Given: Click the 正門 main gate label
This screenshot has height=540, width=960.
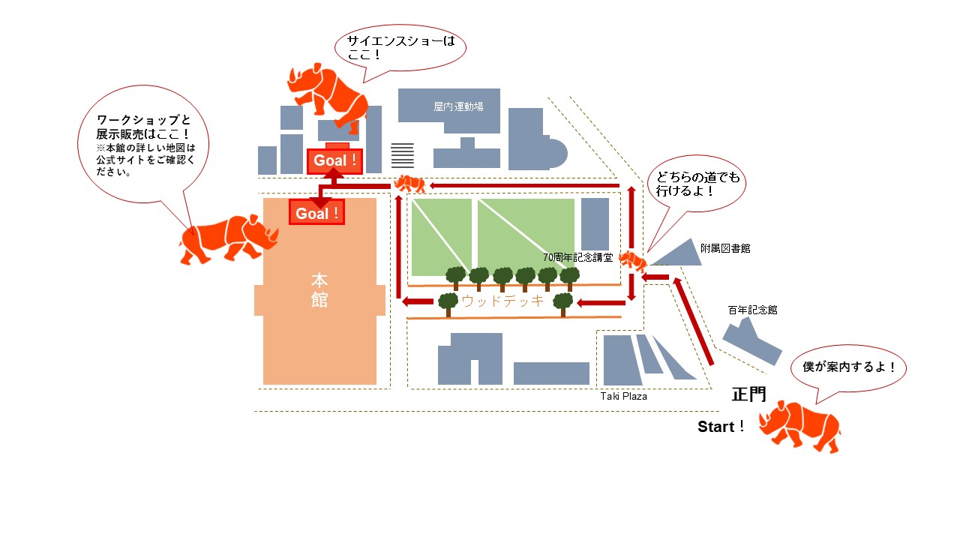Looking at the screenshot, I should [748, 394].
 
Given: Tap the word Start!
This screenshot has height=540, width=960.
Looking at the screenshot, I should [721, 427].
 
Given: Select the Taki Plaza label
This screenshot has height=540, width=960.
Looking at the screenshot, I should [623, 396].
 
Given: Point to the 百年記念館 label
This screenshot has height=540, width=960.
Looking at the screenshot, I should [751, 309].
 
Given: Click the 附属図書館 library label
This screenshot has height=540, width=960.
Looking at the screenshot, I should [725, 248].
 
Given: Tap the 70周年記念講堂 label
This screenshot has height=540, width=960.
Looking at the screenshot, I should [578, 257].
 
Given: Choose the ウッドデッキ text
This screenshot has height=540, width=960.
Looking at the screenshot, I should [502, 301].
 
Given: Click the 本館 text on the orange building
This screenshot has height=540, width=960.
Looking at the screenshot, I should [320, 290].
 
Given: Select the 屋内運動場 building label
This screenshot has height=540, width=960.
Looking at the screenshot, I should [458, 106].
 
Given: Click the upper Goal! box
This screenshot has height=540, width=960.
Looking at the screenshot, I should [334, 160].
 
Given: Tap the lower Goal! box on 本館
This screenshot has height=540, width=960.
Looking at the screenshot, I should [316, 213].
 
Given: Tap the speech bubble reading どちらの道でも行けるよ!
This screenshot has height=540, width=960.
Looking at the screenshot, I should [697, 184].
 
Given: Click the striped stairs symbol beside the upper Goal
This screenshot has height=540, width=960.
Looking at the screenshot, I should [403, 154].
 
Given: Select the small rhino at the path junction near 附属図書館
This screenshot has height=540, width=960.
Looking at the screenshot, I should [633, 261].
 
